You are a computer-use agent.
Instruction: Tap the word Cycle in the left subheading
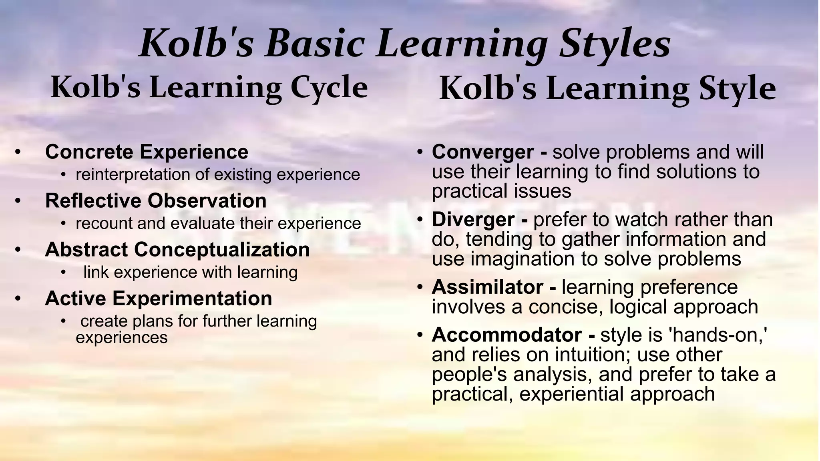329,88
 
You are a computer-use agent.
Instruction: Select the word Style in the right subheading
737,88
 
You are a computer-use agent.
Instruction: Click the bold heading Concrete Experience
147,152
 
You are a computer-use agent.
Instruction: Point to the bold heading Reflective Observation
156,201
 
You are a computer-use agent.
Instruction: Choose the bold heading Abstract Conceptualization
177,250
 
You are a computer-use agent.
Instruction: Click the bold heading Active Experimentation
159,299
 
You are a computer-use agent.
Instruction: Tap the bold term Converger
482,152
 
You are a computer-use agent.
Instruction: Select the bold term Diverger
473,220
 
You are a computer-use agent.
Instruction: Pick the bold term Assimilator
487,287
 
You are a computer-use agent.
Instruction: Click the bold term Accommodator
506,335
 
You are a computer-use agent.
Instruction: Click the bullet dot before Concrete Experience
17,152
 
